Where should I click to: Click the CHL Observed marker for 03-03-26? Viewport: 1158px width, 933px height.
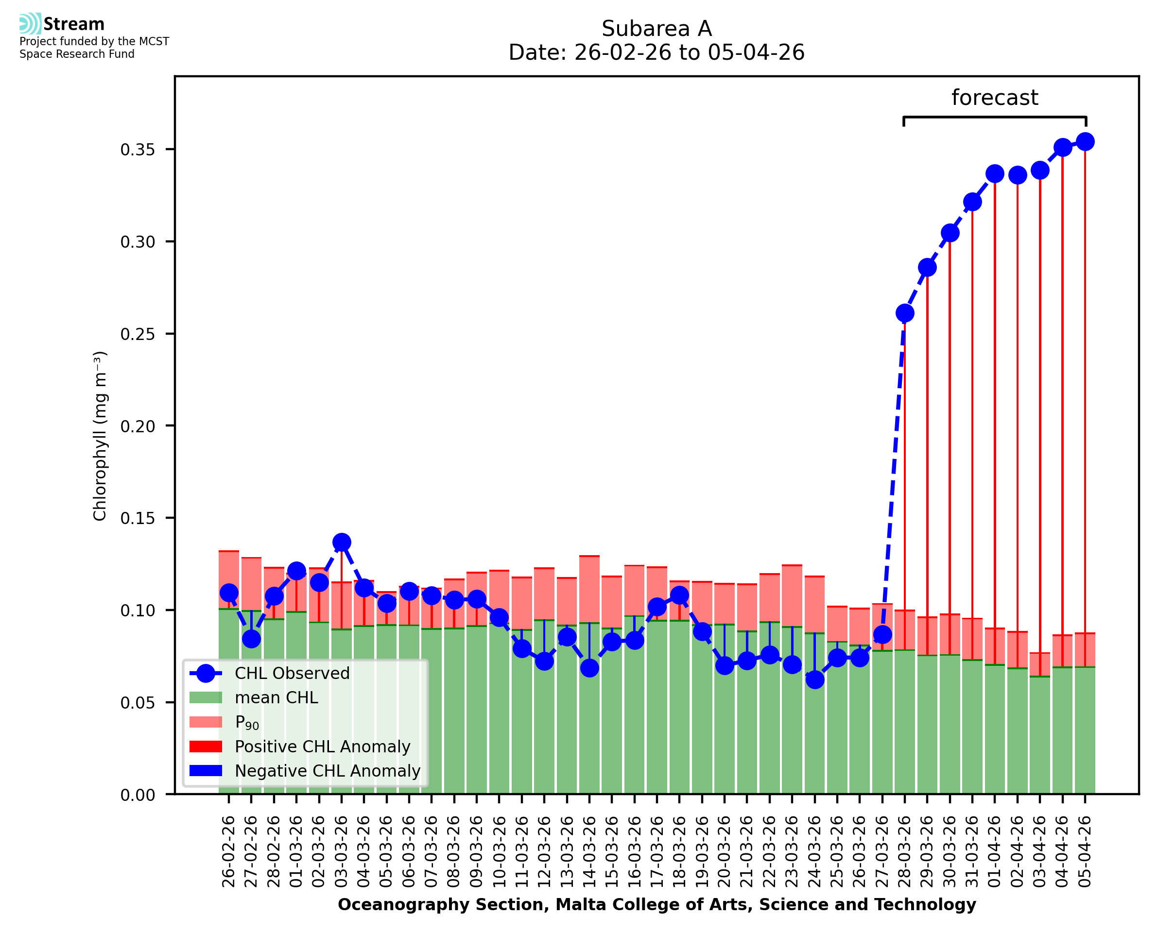coord(342,543)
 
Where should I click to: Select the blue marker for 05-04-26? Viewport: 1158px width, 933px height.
coord(1085,142)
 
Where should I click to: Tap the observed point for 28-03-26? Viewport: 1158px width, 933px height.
coord(905,313)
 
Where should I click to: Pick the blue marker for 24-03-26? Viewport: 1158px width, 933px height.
coord(815,680)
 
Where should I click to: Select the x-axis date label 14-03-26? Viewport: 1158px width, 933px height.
coord(590,851)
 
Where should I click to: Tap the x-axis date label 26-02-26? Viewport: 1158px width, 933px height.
coord(229,851)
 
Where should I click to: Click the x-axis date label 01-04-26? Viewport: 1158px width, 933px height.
coord(995,851)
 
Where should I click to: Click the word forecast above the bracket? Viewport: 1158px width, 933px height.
coord(995,98)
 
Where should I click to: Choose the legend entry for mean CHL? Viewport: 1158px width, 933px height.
coord(277,697)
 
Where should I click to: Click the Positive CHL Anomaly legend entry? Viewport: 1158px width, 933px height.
coord(322,746)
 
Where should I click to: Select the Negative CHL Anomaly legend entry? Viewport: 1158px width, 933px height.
coord(328,771)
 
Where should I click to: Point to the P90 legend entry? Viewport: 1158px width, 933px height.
coord(247,722)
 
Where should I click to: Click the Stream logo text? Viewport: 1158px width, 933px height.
coord(74,24)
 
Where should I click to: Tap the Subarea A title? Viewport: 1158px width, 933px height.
coord(657,29)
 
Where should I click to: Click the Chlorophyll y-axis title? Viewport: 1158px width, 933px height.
coord(100,436)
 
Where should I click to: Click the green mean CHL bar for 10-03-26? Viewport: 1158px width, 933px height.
coord(500,710)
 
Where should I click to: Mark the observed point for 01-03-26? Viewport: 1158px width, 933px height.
coord(297,571)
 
